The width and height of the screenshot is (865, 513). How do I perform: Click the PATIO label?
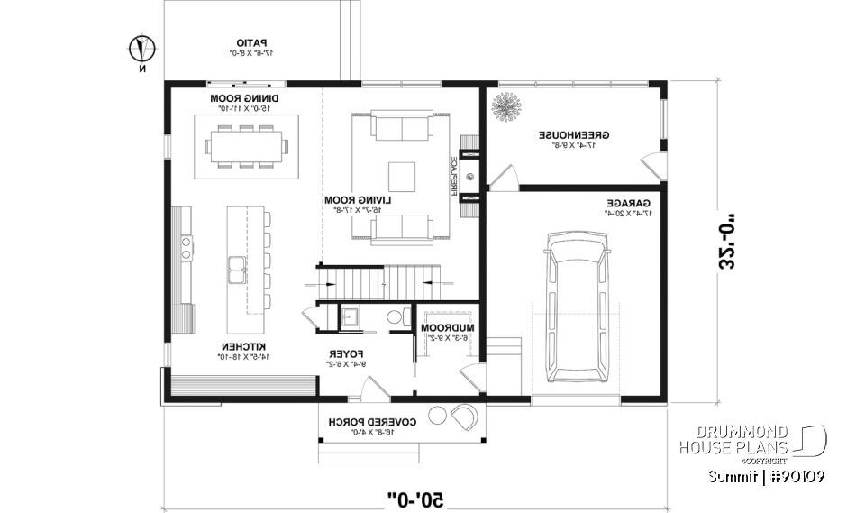coord(255,42)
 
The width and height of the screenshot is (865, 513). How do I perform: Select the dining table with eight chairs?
coord(247,145)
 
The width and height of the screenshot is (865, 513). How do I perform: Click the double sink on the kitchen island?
coord(238,269)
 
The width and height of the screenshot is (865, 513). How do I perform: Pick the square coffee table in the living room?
coord(402,174)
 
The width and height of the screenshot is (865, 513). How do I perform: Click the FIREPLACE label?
coord(448,174)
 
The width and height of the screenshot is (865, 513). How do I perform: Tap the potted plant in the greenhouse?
coord(505,108)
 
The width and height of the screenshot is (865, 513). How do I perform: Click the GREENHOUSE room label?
coord(574,134)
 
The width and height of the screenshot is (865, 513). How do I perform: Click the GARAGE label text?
coord(623,204)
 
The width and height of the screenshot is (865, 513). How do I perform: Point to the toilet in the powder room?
coord(394,317)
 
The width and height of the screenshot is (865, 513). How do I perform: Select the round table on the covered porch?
coord(438,415)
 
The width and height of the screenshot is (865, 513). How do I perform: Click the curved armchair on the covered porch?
coord(466,417)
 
